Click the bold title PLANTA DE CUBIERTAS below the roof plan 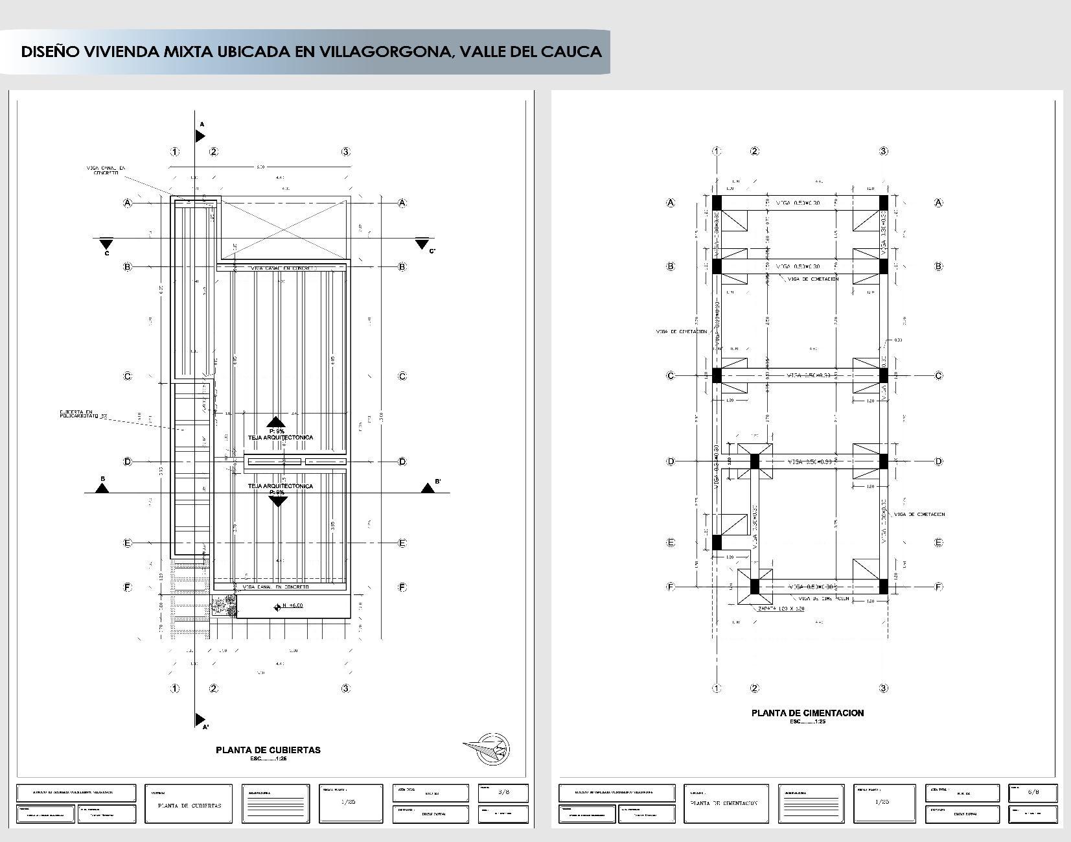click(x=268, y=750)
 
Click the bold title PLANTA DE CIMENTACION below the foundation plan click(x=807, y=713)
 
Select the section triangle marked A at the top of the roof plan click(x=200, y=135)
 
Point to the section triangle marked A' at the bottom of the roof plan click(x=200, y=720)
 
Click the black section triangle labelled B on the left click(x=102, y=488)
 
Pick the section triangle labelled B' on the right click(x=428, y=488)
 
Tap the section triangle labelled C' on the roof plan click(x=422, y=243)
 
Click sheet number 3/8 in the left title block click(x=503, y=792)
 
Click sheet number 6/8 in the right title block click(x=1033, y=792)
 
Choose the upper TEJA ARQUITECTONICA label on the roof click(x=280, y=438)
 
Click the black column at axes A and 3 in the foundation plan click(x=883, y=202)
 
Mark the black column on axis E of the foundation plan click(x=717, y=543)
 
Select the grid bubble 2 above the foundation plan click(x=754, y=151)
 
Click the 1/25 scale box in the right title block click(x=882, y=802)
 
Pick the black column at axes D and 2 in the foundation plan click(x=754, y=462)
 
